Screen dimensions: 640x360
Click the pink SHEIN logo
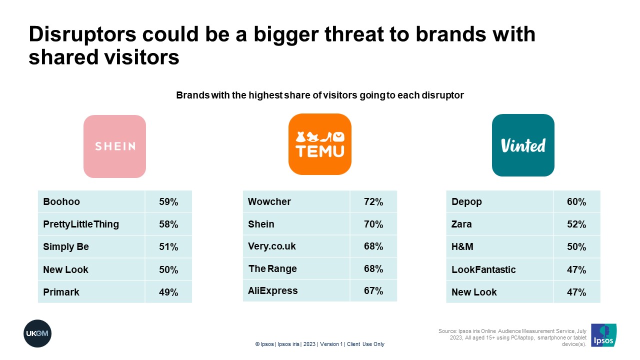[x=114, y=146]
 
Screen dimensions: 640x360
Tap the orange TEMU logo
[x=319, y=144]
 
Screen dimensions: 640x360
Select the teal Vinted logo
[x=523, y=145]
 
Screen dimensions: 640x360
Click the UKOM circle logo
[x=37, y=333]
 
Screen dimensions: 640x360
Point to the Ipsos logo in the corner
[x=603, y=335]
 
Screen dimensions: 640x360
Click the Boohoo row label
[x=61, y=201]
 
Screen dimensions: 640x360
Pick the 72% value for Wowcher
[x=373, y=201]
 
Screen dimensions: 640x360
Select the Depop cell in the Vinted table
[x=466, y=201]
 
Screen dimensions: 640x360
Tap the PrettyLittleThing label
[x=81, y=224]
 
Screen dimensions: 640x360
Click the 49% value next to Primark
[x=168, y=292]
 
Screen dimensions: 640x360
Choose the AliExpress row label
[x=273, y=291]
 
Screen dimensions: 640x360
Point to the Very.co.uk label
[x=272, y=246]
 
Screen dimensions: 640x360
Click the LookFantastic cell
[x=483, y=269]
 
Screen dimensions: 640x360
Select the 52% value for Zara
[x=576, y=224]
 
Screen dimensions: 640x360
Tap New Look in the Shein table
[x=65, y=269]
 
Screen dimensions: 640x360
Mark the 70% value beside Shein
[x=373, y=224]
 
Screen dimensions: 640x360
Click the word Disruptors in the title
[x=82, y=35]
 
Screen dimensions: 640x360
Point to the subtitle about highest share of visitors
[x=320, y=95]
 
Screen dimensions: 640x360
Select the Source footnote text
[x=512, y=337]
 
